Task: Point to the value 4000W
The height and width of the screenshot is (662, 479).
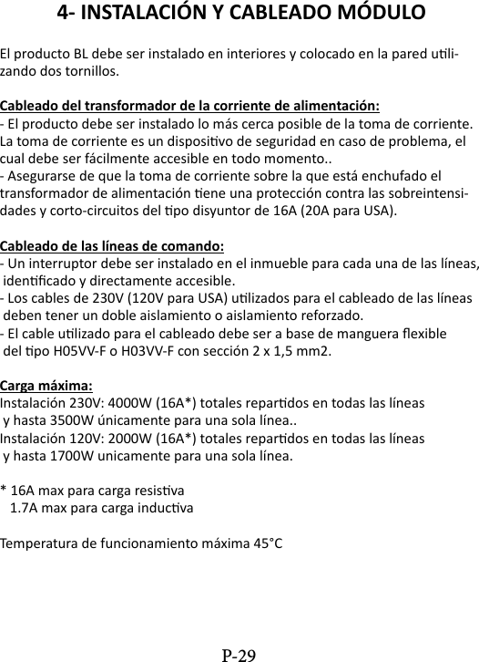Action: pos(136,402)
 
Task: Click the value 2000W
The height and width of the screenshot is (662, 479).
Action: pos(136,438)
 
